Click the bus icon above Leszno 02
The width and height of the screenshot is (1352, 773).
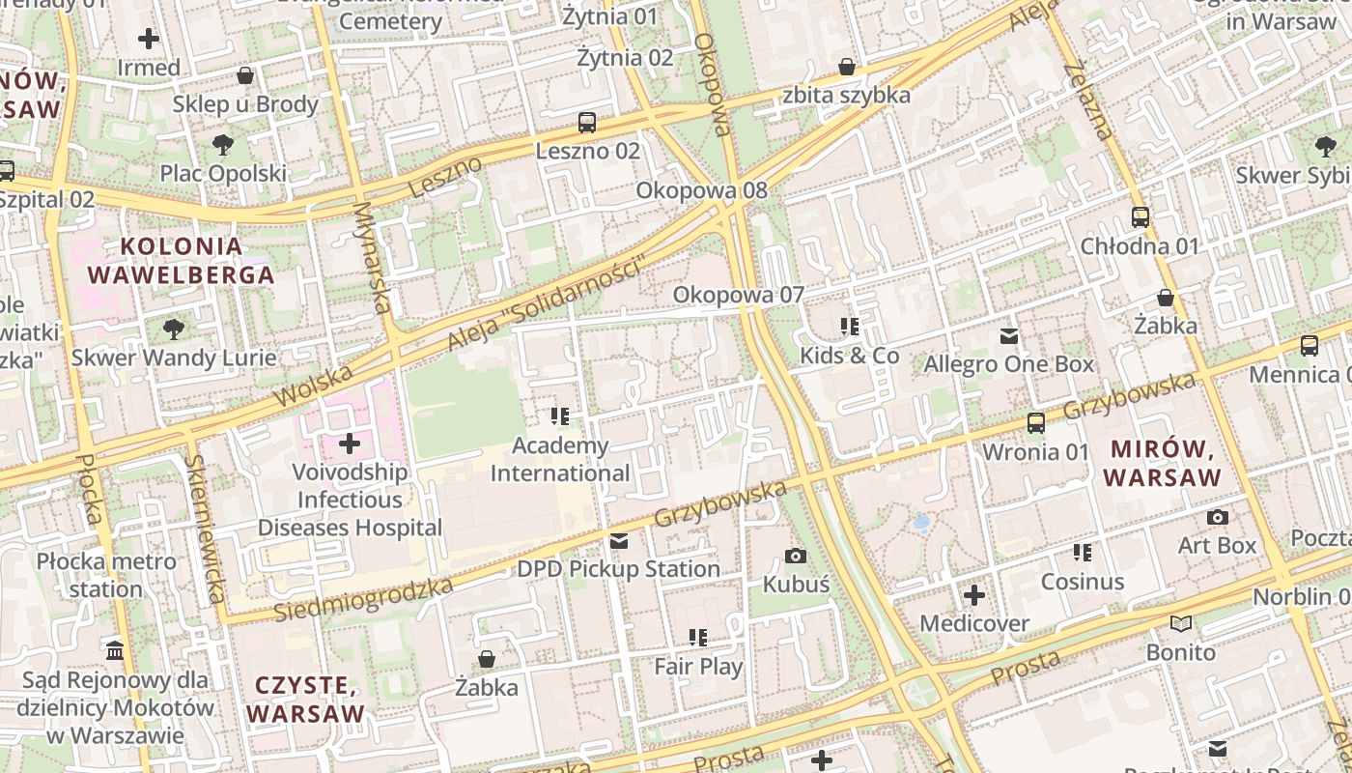586,123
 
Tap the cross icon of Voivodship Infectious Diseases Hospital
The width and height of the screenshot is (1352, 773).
350,444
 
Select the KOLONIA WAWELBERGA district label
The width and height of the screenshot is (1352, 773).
181,261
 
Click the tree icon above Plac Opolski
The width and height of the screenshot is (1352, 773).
223,146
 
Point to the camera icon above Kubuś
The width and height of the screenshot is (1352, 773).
796,556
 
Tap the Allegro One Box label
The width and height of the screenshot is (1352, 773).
1008,364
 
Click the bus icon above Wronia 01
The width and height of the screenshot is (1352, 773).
1035,422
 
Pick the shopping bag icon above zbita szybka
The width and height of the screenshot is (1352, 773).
847,67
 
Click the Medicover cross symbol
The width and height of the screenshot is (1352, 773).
974,595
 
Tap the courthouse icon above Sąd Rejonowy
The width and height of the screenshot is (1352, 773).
115,650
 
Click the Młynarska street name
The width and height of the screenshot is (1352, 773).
373,257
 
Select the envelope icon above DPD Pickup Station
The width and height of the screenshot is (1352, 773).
618,541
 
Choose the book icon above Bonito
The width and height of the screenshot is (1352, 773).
1180,624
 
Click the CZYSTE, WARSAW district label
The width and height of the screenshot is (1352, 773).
305,700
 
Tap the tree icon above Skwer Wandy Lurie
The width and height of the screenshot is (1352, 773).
174,329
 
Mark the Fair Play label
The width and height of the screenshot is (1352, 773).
698,667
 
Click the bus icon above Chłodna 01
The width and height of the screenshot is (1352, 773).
1140,217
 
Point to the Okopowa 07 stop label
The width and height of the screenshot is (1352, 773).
738,295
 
